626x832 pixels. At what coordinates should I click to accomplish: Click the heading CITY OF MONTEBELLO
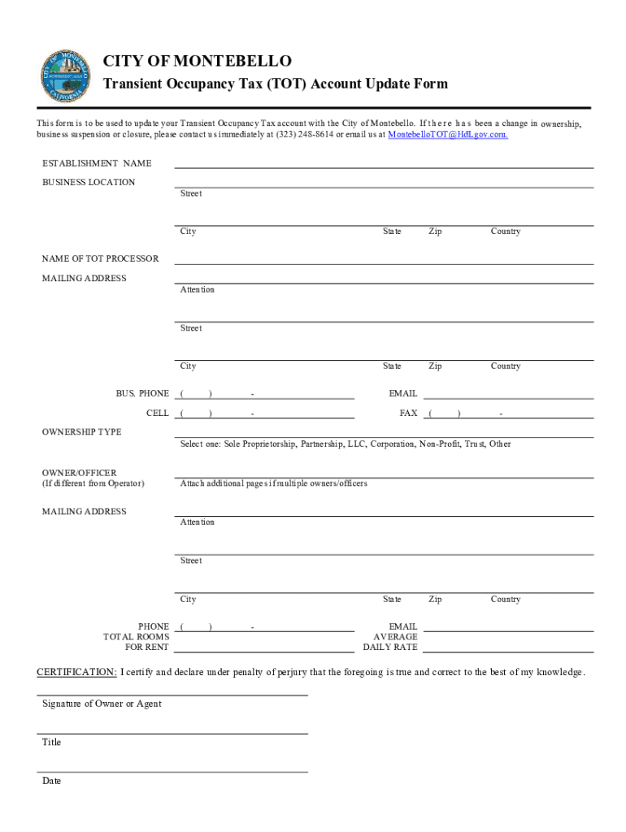point(197,62)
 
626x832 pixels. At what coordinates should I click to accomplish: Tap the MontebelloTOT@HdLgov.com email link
point(448,134)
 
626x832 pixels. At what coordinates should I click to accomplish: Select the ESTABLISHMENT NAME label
point(97,163)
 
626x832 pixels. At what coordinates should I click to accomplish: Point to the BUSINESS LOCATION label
point(89,182)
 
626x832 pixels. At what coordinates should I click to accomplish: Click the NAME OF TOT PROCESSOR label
point(101,258)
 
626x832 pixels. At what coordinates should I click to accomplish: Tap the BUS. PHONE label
point(142,393)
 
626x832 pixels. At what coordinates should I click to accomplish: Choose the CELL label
point(158,413)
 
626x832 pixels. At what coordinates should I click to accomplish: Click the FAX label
point(408,413)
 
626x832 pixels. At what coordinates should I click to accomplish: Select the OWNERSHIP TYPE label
point(82,431)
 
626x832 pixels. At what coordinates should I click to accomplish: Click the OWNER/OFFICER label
point(80,472)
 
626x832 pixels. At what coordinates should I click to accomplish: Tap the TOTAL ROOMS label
point(136,637)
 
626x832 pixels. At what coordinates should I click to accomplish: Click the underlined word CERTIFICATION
point(77,672)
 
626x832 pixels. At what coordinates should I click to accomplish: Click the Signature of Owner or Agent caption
point(102,704)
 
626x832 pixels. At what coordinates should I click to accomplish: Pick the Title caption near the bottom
point(51,742)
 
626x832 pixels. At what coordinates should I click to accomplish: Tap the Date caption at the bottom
point(51,781)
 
